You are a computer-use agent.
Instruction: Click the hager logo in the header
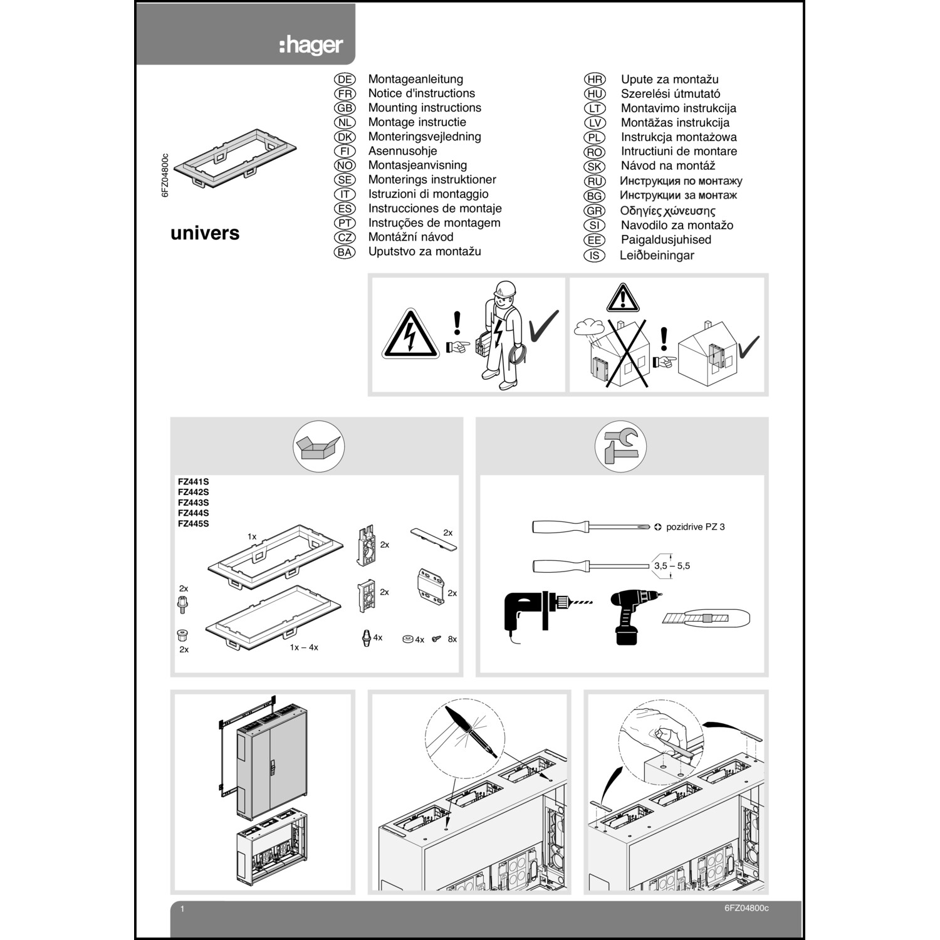pyautogui.click(x=311, y=45)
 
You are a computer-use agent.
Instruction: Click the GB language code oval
pyautogui.click(x=345, y=108)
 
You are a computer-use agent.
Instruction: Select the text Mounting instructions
pyautogui.click(x=424, y=108)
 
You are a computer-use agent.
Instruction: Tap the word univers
pyautogui.click(x=205, y=233)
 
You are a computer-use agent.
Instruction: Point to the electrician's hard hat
pyautogui.click(x=504, y=290)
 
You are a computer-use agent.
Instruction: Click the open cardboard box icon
pyautogui.click(x=318, y=447)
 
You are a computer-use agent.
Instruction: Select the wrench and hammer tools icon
pyautogui.click(x=620, y=447)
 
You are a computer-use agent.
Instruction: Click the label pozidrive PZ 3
pyautogui.click(x=695, y=527)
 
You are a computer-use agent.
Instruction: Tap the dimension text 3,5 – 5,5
pyautogui.click(x=672, y=566)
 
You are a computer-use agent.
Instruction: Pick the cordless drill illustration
pyautogui.click(x=633, y=615)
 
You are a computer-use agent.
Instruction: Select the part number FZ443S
pyautogui.click(x=193, y=503)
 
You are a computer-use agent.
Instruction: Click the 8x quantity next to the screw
pyautogui.click(x=452, y=639)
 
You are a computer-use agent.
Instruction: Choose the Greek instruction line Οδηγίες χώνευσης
pyautogui.click(x=667, y=211)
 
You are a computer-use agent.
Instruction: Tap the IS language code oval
pyautogui.click(x=594, y=255)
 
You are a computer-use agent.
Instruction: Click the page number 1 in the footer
pyautogui.click(x=182, y=909)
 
